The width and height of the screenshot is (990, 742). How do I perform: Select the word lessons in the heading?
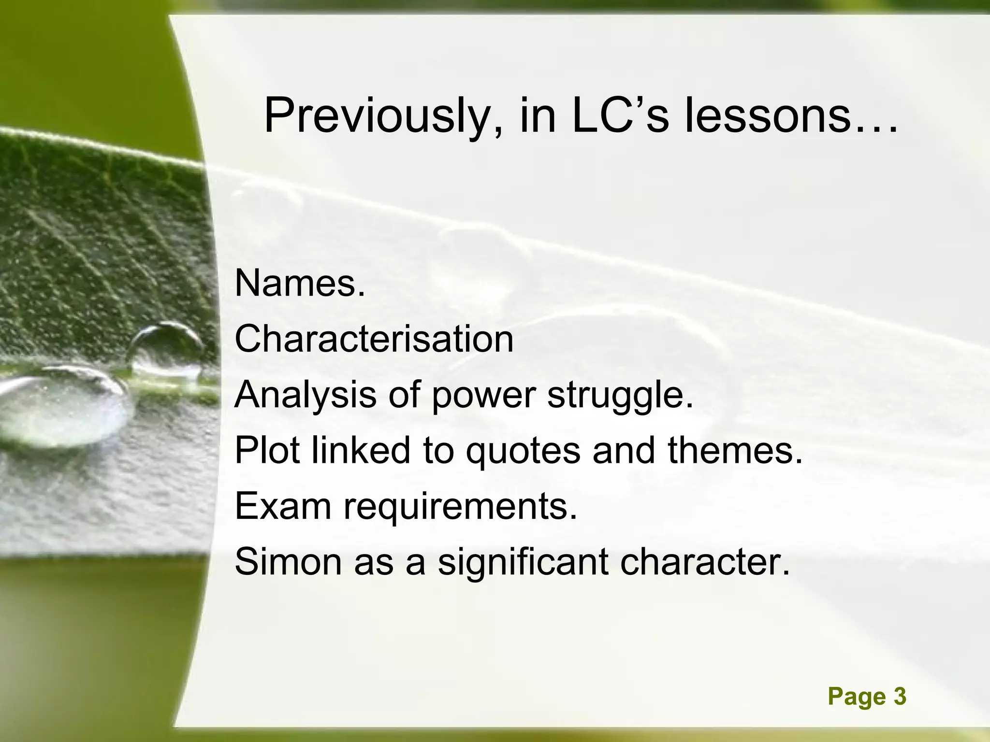pyautogui.click(x=791, y=116)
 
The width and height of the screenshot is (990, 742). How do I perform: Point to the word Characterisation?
pyautogui.click(x=374, y=339)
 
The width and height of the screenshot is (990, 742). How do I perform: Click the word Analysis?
pyautogui.click(x=305, y=395)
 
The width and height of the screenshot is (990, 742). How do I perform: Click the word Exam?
pyautogui.click(x=283, y=506)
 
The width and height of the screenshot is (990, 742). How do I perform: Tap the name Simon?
pyautogui.click(x=287, y=562)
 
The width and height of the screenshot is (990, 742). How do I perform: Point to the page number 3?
pyautogui.click(x=900, y=697)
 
